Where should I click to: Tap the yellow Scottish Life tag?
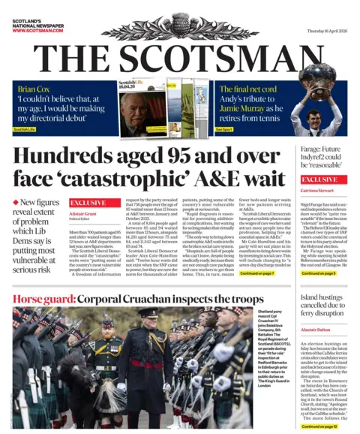pos(28,129)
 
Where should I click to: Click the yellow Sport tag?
pos(224,129)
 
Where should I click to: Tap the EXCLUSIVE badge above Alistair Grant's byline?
pos(87,203)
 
